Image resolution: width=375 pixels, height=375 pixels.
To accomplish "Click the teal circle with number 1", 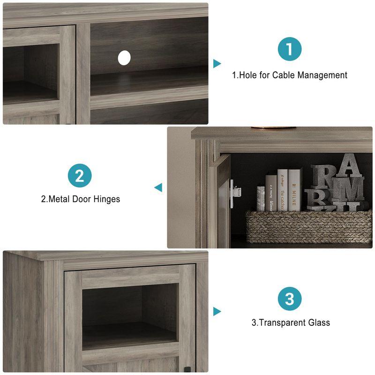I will tap(289, 50).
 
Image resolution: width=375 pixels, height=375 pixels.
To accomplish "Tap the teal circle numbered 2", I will tap(80, 176).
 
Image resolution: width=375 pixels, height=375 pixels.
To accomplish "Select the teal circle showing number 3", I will tap(289, 298).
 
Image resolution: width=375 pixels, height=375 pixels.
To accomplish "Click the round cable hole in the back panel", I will tap(124, 58).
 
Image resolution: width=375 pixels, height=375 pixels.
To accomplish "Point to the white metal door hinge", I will tap(235, 191).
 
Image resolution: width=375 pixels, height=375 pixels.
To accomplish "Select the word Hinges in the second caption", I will tap(105, 199).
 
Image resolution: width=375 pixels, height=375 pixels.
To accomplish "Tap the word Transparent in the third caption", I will tap(281, 322).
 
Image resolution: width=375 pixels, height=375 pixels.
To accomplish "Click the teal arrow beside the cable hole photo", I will tap(217, 63).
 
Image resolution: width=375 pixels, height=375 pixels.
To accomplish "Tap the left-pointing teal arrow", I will tap(158, 187).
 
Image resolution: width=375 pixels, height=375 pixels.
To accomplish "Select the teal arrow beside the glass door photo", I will tap(217, 311).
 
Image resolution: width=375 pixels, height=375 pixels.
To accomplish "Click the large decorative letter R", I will tap(322, 177).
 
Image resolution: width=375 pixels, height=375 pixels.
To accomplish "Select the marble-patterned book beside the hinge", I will tap(261, 198).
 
